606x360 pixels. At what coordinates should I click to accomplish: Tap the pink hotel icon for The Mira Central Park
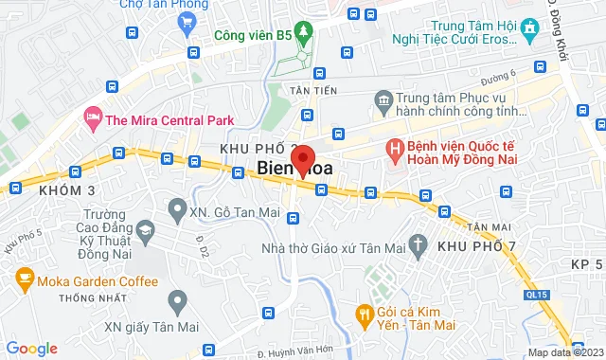93,118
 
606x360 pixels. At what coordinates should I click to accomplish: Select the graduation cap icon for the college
145,231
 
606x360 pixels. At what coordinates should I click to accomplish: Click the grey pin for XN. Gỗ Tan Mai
176,207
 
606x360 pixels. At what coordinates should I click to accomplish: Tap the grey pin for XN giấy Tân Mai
176,302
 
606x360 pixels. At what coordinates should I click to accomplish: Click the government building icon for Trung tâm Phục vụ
383,99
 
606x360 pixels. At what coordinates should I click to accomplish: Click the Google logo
30,349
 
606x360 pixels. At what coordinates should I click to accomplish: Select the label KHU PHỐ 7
477,246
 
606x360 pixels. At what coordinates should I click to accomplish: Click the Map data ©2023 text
564,352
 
